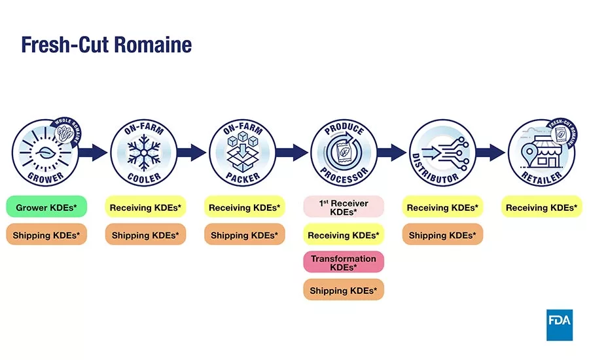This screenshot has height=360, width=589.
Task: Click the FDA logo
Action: pos(560,325)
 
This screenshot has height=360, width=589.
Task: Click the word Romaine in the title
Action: pos(152,45)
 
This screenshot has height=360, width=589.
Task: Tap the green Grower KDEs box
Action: pos(47,207)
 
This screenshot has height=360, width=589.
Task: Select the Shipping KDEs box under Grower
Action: pos(47,235)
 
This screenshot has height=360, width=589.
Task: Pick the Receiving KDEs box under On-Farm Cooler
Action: pos(145,207)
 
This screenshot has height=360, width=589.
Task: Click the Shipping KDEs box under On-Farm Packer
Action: pos(244,235)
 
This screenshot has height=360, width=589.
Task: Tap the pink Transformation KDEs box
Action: pos(343,262)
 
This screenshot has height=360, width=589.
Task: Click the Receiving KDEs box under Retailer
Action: pos(541,207)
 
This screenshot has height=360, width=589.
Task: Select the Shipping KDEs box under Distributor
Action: pos(442,235)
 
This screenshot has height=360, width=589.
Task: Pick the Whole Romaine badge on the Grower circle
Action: pos(68,132)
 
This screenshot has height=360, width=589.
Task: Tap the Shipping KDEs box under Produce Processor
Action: pos(343,290)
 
